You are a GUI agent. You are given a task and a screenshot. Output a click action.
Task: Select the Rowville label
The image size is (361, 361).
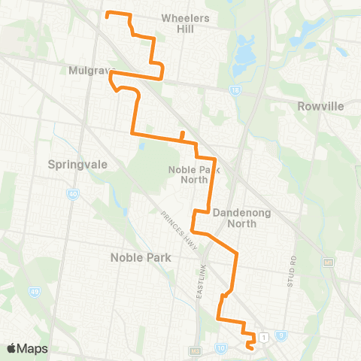point(320,106)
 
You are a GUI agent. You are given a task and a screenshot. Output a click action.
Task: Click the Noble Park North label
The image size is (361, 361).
point(188,174)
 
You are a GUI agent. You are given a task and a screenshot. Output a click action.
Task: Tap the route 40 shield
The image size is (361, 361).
point(73,196)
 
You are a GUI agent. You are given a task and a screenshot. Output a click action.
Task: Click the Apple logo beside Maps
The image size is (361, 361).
point(12,348)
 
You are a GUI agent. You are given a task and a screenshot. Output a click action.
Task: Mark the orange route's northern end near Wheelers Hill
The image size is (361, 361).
point(107,14)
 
